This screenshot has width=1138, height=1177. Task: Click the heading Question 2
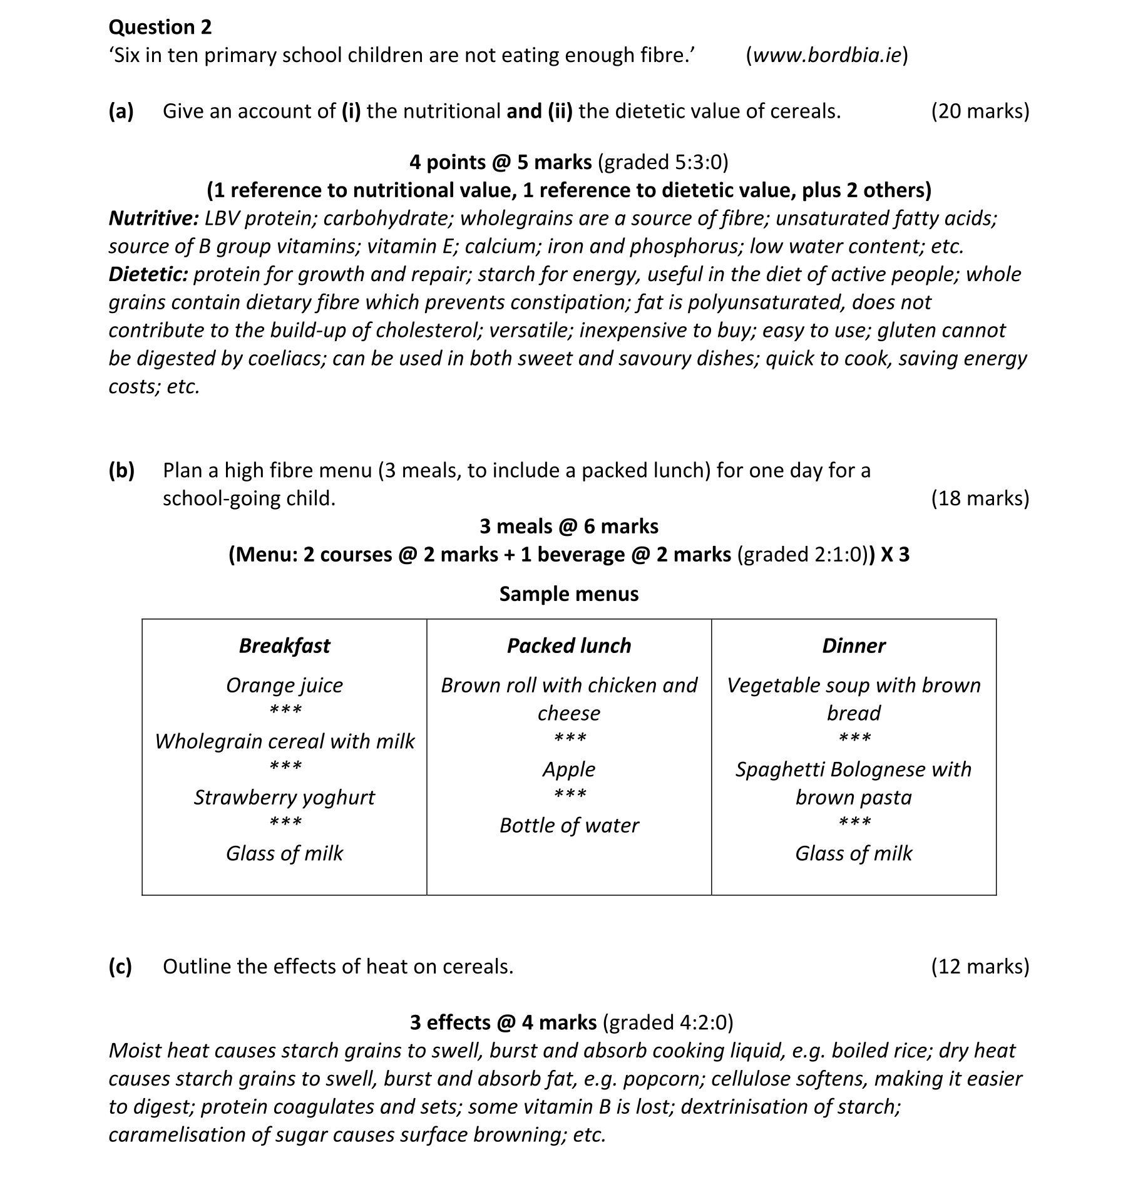point(160,27)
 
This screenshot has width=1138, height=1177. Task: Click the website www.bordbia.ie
point(826,55)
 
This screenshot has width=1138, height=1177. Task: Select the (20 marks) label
point(980,111)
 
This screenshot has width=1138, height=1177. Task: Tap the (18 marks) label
point(980,498)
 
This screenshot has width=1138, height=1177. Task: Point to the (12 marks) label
point(980,966)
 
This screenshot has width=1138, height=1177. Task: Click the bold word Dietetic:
point(148,274)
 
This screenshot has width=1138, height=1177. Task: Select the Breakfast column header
point(284,645)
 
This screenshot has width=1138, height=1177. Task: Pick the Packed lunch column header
point(569,645)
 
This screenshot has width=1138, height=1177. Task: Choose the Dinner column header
point(853,645)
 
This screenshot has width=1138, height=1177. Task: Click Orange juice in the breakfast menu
point(284,685)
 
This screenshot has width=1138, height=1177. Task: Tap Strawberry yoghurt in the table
point(284,797)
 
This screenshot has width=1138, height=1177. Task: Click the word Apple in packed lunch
point(569,769)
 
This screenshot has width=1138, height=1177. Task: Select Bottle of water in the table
point(569,825)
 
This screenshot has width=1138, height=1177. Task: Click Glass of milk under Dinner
point(853,853)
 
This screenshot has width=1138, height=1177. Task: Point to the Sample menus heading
point(569,594)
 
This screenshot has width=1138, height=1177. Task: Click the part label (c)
point(120,966)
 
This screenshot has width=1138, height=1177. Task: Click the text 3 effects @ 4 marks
point(503,1022)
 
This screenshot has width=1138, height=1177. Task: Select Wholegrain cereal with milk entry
point(284,741)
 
